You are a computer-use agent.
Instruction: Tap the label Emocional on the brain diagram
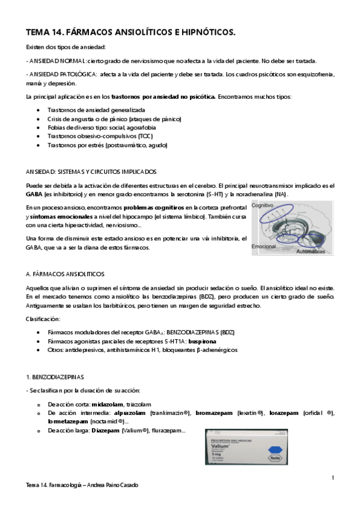[264, 247]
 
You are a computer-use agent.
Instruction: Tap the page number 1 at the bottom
[332, 478]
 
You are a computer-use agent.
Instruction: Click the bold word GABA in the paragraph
[34, 195]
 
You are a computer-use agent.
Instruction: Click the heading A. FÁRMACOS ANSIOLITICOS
[66, 273]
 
